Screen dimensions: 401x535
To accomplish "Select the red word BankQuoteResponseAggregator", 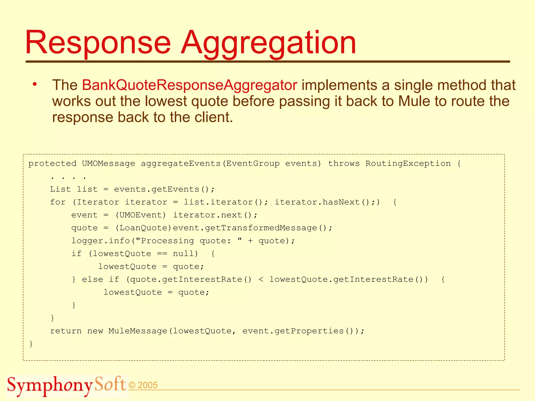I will click(x=189, y=85).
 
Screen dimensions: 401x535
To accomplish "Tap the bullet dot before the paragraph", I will click(x=35, y=84).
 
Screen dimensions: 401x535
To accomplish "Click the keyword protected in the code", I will click(x=52, y=164).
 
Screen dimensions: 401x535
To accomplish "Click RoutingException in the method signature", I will click(x=408, y=164).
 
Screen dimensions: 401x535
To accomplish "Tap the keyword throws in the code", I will click(x=344, y=164).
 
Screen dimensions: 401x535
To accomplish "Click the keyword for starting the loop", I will click(x=58, y=202).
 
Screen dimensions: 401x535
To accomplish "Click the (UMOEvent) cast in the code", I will click(x=141, y=215).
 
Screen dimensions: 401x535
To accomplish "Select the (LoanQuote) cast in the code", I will click(x=143, y=228).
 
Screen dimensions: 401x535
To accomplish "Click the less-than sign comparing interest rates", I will click(x=261, y=280).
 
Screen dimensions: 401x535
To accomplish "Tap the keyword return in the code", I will click(x=66, y=331).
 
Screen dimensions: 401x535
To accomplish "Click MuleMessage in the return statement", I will click(x=138, y=331).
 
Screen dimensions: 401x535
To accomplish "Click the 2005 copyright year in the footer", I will click(x=147, y=385).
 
